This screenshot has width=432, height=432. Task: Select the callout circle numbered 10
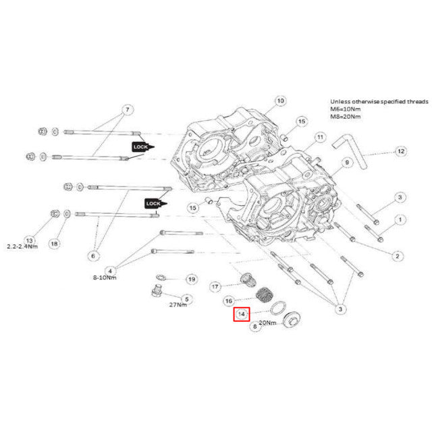[280, 101]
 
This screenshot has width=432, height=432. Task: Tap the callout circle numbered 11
[319, 137]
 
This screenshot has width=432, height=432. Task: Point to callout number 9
[346, 163]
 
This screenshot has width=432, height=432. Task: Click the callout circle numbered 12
[400, 151]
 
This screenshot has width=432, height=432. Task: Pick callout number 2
[398, 255]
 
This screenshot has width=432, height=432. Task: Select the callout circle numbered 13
[29, 240]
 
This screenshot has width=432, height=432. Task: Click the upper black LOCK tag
[142, 146]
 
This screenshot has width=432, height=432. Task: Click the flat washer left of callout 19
[161, 278]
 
